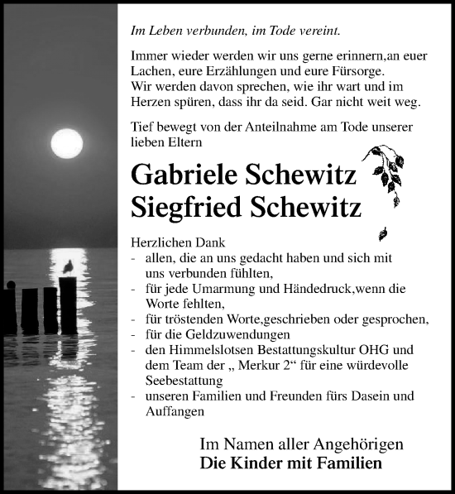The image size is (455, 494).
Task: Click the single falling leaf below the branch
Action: (x=383, y=233)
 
